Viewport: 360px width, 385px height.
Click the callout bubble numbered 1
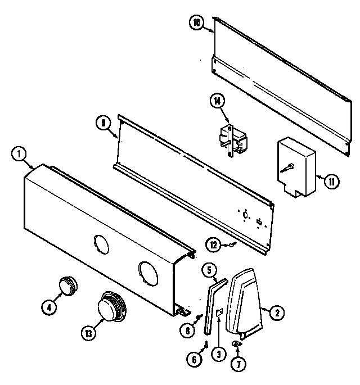19,153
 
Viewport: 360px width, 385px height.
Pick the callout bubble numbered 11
332,181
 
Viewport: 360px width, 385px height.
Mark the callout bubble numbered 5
209,270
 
